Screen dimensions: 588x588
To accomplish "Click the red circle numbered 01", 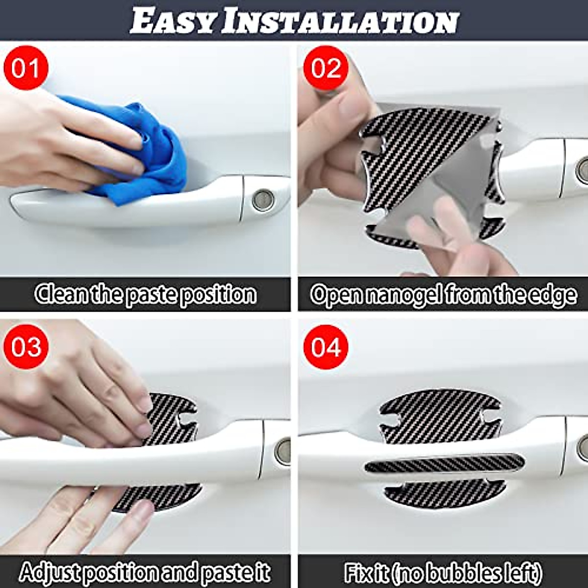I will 26,68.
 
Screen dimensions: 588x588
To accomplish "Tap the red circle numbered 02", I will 326,68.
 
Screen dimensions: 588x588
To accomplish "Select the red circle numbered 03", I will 26,347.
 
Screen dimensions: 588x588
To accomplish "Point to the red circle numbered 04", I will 326,347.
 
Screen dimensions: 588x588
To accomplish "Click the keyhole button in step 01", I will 263,200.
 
